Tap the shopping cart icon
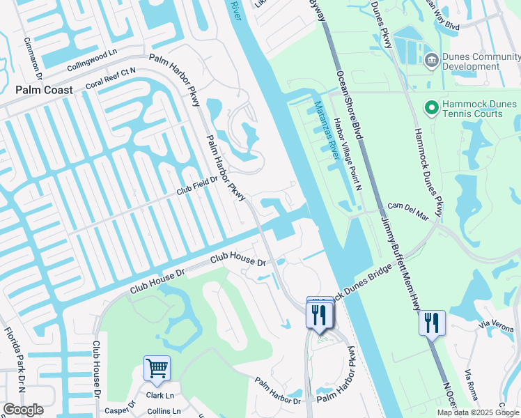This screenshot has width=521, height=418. pos(157,366)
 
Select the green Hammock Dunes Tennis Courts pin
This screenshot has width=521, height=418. pos(431,108)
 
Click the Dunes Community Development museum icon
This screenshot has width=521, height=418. pos(431,61)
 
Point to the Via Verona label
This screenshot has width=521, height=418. pos(495,324)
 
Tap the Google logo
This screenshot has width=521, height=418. pos(23,410)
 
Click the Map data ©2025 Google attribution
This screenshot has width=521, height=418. pos(477,412)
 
